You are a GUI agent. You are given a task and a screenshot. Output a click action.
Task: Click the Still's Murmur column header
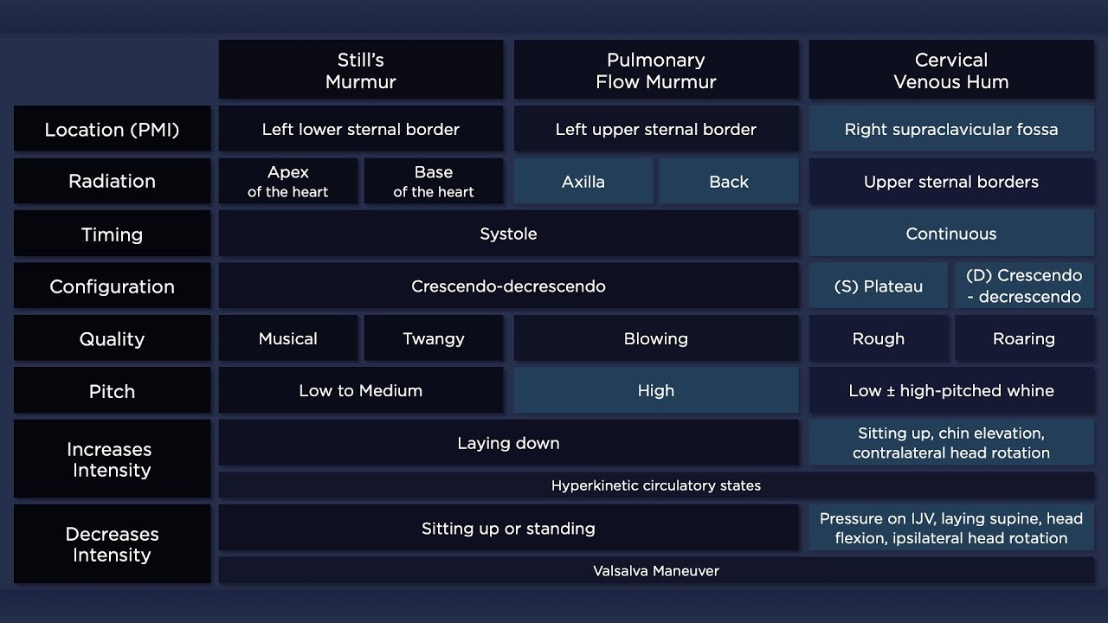360,70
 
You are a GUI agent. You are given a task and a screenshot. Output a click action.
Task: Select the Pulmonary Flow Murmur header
655,70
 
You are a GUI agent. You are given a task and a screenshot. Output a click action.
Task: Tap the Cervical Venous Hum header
950,70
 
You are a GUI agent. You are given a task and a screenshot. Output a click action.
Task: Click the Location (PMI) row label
112,130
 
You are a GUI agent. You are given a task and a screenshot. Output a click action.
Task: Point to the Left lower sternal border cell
360,130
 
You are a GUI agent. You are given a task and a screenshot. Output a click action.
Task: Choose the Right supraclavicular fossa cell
950,130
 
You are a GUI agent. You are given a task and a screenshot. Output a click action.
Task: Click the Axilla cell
583,182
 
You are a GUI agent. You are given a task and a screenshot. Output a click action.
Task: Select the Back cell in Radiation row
728,182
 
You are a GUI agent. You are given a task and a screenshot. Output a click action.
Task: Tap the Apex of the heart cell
287,182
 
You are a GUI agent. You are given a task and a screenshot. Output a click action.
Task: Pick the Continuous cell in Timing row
950,234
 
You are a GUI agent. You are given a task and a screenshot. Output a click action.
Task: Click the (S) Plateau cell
878,286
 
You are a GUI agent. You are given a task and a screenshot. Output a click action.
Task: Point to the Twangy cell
433,338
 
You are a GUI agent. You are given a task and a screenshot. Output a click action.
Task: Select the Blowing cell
655,338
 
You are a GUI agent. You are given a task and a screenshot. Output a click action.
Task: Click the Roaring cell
1023,338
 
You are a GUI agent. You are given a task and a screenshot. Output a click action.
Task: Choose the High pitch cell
655,390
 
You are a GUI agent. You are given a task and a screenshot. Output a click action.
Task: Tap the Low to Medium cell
360,390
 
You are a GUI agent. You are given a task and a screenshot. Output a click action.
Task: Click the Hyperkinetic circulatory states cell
655,485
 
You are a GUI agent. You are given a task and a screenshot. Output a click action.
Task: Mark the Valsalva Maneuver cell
655,570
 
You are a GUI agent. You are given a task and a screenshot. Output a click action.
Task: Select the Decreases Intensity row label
112,544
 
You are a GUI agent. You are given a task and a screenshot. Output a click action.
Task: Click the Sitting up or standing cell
508,528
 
